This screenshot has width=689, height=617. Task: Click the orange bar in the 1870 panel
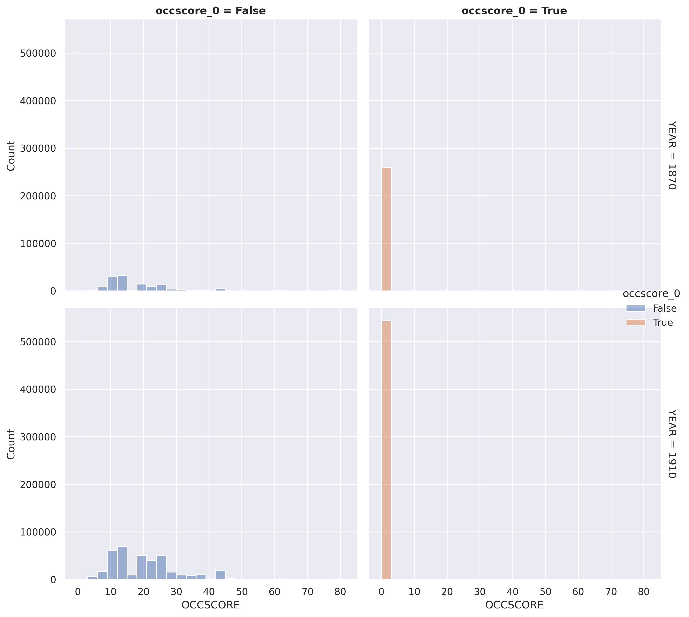coord(386,229)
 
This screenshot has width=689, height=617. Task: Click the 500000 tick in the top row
coord(38,54)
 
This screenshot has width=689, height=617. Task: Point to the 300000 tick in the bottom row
coord(38,437)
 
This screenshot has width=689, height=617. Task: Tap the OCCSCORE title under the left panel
coord(211,605)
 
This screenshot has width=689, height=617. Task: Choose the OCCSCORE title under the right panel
coord(514,605)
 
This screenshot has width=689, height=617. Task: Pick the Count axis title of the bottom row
coord(11,444)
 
